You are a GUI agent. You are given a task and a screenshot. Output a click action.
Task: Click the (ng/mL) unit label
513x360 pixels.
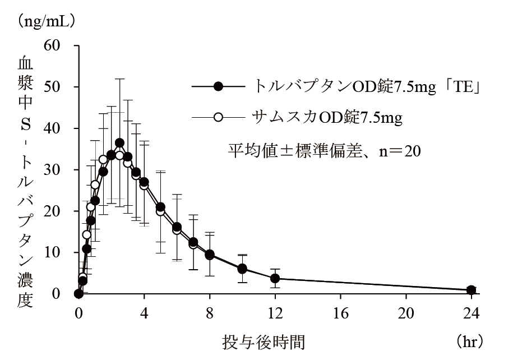[x=47, y=21]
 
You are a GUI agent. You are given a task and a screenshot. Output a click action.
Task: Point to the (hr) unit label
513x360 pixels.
[x=469, y=340]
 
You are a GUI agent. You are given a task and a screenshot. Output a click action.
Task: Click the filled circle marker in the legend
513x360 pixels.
[x=219, y=86]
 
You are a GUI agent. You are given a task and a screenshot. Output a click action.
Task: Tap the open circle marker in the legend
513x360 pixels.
[x=219, y=117]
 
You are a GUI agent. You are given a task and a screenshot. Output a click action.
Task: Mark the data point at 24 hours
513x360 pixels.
[x=472, y=290]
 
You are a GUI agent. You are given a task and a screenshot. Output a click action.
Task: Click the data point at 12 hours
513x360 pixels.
[x=275, y=278]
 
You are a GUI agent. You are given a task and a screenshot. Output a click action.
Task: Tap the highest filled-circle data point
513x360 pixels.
[x=119, y=142]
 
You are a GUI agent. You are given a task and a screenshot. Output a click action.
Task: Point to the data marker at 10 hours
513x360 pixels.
[x=242, y=269]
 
